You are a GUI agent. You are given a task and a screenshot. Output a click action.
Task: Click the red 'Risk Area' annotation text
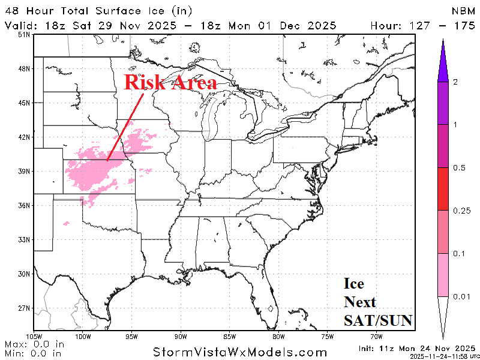tap(170, 83)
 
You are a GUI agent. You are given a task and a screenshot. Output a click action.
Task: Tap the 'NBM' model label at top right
tap(463, 11)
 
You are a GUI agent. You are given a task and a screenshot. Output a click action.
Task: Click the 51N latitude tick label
tap(24, 35)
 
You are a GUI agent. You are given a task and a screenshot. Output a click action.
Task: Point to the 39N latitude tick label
tap(24, 172)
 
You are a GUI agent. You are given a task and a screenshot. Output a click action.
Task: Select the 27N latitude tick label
tap(24, 308)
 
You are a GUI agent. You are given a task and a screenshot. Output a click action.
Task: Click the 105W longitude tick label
tap(34, 336)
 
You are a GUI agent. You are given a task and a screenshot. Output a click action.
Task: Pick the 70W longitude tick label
tap(377, 336)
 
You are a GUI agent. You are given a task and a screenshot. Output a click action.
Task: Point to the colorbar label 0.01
tap(461, 297)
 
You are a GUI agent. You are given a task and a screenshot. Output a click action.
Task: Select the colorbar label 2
tap(455, 81)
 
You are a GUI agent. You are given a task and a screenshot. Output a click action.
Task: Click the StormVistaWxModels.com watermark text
tap(240, 352)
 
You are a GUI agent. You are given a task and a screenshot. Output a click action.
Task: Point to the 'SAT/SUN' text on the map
tap(377, 321)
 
